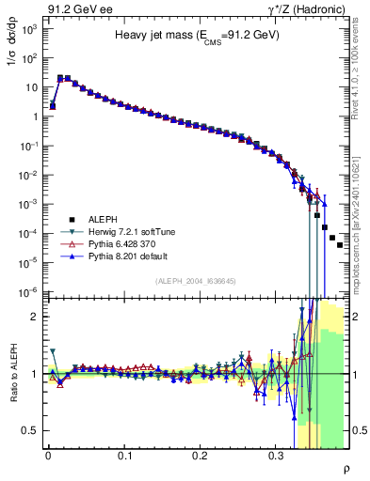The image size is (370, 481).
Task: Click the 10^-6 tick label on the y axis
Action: point(28,292)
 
